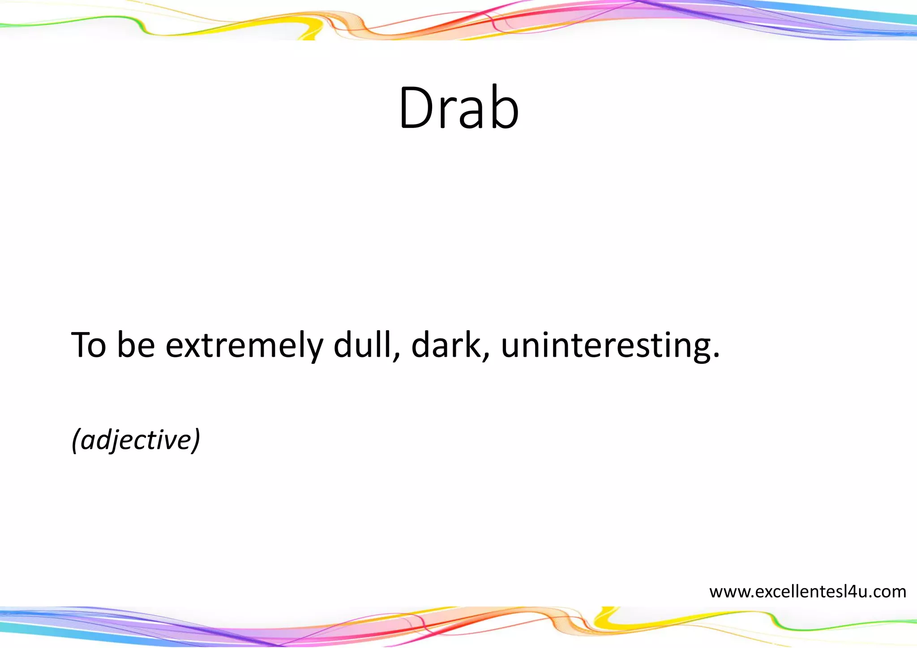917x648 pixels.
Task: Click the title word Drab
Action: tap(458, 109)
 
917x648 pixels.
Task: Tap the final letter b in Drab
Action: tap(504, 109)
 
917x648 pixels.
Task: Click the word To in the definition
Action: tap(89, 345)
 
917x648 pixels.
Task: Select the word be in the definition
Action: tap(136, 345)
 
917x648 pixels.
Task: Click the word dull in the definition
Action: tap(363, 345)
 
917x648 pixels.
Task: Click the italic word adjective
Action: tap(136, 440)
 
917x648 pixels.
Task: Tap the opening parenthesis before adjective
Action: tap(76, 440)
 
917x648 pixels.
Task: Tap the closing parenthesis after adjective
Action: tap(196, 440)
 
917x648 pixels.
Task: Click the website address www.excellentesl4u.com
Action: tap(808, 592)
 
